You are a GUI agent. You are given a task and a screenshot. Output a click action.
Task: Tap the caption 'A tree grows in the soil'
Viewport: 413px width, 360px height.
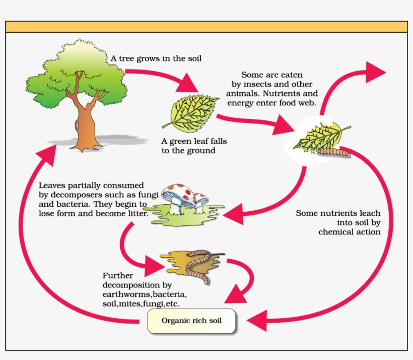coord(156,58)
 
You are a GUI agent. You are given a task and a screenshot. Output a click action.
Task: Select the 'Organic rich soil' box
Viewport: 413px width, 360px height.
coord(191,321)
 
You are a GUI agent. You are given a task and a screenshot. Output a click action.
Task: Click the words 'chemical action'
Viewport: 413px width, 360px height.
coord(349,232)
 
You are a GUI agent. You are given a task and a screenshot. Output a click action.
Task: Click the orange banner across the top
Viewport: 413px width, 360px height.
coord(206,27)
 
